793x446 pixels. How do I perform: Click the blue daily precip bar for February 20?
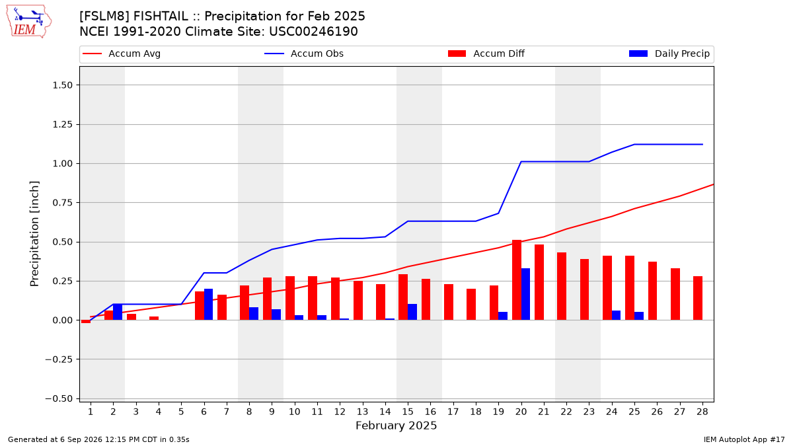coord(526,294)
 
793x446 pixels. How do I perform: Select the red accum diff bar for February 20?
coord(517,280)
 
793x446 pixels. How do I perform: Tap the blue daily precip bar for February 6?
coord(209,305)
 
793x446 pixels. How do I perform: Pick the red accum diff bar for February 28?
coord(698,298)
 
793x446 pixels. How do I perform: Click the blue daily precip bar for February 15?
coord(412,312)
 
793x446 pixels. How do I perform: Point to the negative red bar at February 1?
coord(86,321)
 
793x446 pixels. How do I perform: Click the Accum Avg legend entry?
coord(122,54)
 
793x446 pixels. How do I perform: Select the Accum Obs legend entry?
coord(304,54)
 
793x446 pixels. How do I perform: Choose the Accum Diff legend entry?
coord(486,54)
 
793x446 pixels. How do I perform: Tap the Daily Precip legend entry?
coord(669,54)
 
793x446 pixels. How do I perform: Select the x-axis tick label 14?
coord(385,412)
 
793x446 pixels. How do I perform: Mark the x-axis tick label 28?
coord(702,412)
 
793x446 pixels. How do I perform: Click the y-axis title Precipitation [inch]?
coord(34,234)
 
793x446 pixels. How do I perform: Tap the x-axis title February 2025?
coord(396,426)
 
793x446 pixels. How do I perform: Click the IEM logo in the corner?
coord(28,22)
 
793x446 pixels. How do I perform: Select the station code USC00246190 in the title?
coord(313,32)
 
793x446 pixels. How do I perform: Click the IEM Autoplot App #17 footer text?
coord(744,439)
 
